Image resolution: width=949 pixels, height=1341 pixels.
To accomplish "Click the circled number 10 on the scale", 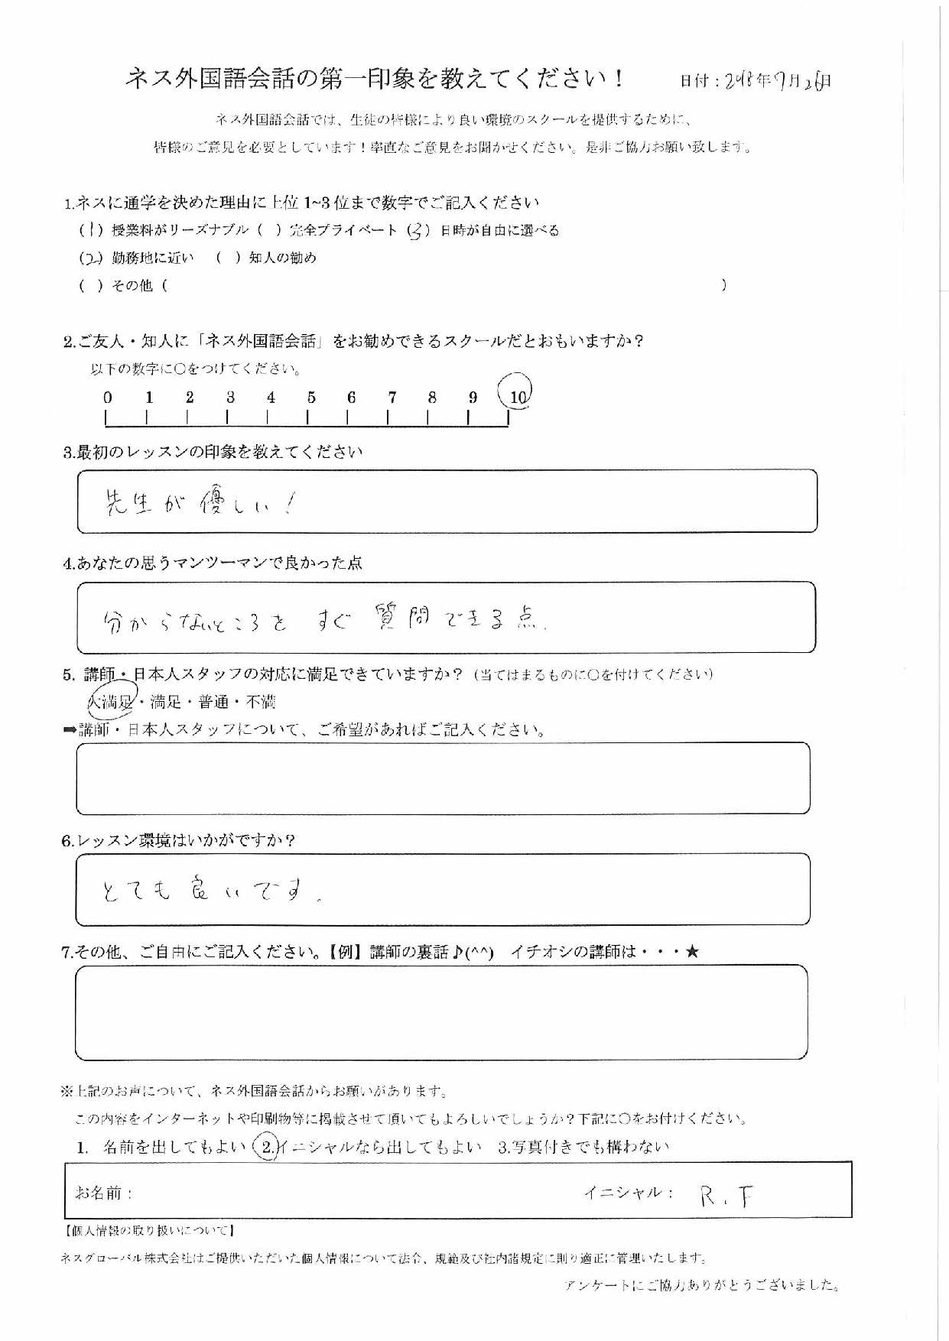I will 517,396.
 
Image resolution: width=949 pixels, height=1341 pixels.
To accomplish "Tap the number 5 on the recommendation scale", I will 311,398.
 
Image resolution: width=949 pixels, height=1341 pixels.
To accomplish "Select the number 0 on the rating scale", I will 108,398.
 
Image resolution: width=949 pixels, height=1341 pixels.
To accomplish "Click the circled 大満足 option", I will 112,702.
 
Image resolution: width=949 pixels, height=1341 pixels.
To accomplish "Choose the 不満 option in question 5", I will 260,702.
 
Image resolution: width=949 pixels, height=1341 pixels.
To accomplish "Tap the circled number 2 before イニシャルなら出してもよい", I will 266,1147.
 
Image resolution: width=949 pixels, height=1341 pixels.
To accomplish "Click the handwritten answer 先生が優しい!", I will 197,502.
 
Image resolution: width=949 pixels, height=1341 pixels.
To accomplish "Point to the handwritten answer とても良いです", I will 210,889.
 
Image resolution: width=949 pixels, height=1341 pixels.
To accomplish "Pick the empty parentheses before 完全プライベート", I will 270,230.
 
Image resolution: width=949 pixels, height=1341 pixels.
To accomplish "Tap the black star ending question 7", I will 692,952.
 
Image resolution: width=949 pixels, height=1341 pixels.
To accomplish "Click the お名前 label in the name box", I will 103,1193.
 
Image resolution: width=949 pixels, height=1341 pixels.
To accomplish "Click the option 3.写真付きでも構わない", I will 583,1147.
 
